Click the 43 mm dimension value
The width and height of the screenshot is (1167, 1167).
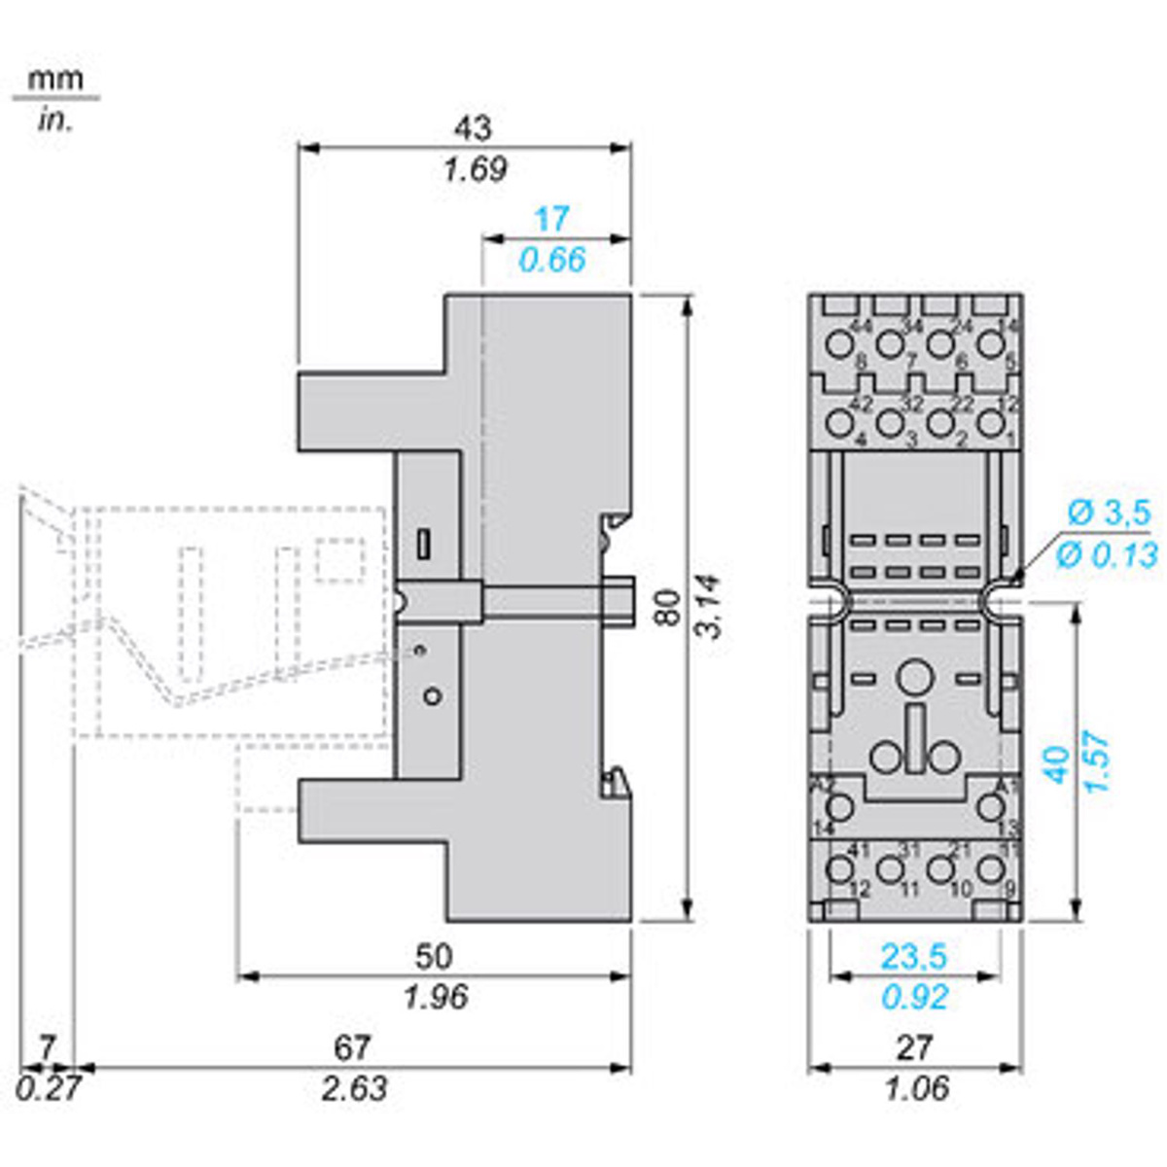click(473, 127)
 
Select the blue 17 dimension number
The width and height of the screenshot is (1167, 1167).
click(551, 219)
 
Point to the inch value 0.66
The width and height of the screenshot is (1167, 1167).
click(551, 260)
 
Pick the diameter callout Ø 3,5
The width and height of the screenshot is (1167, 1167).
click(1108, 513)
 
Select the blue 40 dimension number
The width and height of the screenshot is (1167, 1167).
click(1057, 763)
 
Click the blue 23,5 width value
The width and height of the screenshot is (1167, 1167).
click(913, 957)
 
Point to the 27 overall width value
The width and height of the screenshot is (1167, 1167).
click(914, 1047)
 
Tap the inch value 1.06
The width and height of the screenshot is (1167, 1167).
click(914, 1088)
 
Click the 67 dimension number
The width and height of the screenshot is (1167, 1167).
click(352, 1047)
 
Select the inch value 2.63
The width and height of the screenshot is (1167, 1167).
click(354, 1088)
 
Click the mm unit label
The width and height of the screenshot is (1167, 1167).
click(55, 79)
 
